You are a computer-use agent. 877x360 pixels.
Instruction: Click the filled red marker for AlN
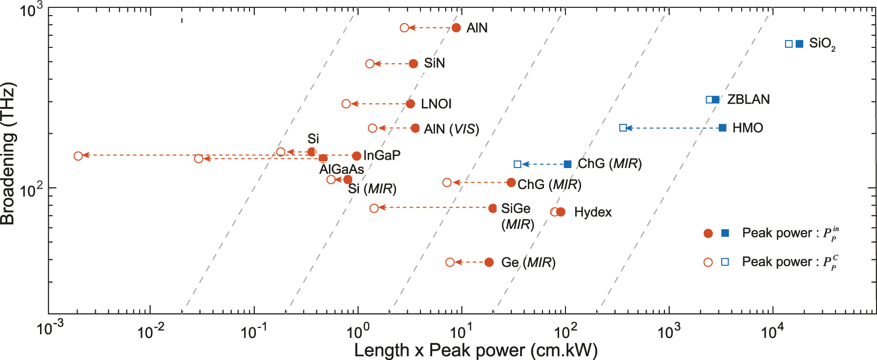[456, 28]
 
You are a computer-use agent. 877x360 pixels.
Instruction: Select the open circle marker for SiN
[370, 64]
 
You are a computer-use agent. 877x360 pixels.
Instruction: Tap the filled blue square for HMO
[723, 128]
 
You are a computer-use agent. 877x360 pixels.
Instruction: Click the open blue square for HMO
[623, 128]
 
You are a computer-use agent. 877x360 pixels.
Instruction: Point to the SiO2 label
[822, 44]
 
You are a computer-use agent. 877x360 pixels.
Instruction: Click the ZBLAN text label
[748, 100]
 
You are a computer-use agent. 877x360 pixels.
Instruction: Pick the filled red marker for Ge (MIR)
[489, 262]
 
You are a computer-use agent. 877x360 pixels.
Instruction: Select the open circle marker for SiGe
[374, 208]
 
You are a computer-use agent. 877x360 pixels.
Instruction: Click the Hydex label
[592, 212]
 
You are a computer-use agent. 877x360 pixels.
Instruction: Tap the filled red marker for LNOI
[410, 104]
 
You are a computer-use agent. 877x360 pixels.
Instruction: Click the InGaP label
[382, 155]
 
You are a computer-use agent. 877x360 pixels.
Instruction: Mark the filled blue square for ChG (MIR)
[567, 164]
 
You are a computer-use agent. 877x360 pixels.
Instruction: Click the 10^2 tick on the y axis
[31, 191]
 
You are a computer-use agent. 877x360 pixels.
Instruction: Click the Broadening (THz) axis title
[8, 154]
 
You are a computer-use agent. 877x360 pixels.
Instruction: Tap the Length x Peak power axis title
[476, 350]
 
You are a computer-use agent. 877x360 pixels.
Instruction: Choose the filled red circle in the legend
[708, 233]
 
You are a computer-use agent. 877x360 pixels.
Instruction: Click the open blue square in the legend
[725, 262]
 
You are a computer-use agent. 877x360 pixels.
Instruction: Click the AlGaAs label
[341, 169]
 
